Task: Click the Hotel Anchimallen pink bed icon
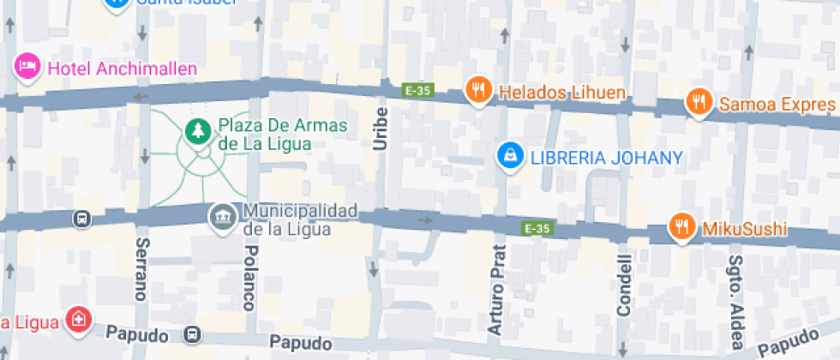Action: (27, 66)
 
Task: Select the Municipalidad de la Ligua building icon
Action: (223, 215)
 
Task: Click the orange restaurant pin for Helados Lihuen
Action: (477, 89)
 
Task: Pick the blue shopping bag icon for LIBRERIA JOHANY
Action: (511, 154)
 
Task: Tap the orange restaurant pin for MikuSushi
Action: (682, 226)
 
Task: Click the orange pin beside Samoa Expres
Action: (700, 102)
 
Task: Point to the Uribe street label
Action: (381, 129)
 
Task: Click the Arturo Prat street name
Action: (496, 290)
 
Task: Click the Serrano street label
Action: (141, 269)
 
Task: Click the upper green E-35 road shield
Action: (418, 88)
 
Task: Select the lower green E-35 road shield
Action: (537, 228)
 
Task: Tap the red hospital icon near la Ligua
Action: (79, 320)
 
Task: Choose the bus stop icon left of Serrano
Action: (81, 219)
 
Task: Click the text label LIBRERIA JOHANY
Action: (606, 158)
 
